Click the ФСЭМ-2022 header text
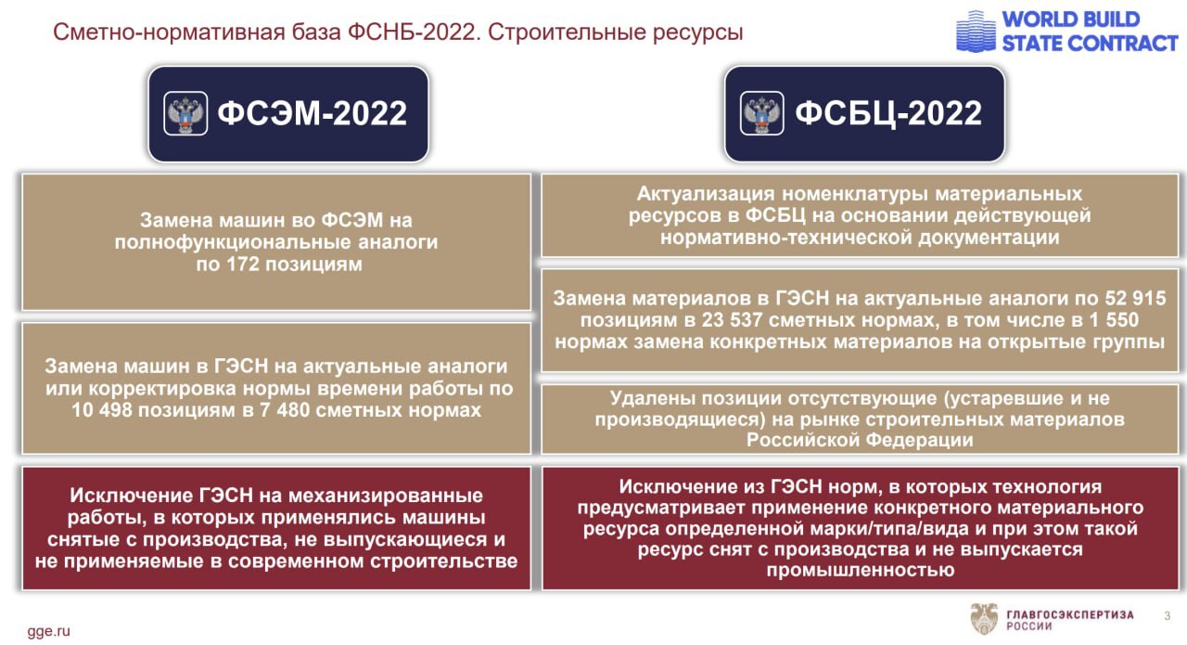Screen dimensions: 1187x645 313,113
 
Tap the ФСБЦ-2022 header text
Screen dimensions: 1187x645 888,114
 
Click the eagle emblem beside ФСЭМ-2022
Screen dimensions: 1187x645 185,113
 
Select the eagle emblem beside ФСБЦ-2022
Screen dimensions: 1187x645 762,113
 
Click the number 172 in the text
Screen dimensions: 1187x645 243,264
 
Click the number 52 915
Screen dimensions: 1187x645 1135,298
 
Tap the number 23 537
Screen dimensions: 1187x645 732,320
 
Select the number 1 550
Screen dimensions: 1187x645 1114,320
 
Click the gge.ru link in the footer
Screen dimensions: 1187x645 49,631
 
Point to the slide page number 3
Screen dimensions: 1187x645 1167,616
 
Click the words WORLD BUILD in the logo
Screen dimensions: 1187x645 1071,19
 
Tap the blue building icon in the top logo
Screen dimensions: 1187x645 976,32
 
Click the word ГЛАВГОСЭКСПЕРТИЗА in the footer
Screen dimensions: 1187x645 1070,614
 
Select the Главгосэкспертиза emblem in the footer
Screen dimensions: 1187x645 984,618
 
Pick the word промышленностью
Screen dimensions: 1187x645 860,570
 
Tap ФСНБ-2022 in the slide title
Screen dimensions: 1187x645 411,32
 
